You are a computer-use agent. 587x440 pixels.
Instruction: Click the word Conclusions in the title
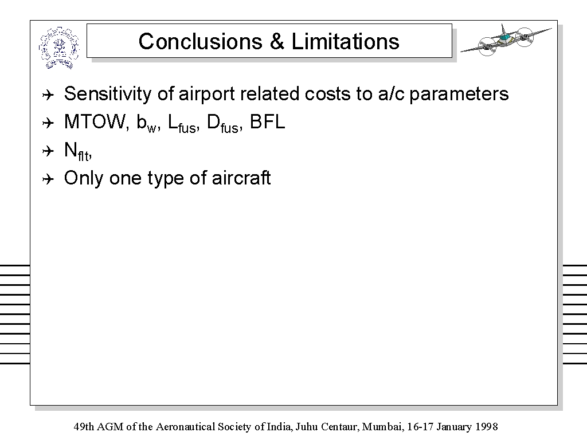[x=200, y=41]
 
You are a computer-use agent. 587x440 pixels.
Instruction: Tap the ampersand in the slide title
[x=277, y=41]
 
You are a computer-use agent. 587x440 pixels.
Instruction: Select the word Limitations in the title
[x=345, y=41]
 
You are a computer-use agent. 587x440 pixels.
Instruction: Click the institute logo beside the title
[x=59, y=48]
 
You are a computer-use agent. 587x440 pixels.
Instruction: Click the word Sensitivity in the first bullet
[x=107, y=94]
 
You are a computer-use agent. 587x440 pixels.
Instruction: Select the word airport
[x=207, y=95]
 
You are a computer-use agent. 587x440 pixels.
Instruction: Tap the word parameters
[x=459, y=95]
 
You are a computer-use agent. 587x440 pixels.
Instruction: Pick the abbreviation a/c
[x=391, y=94]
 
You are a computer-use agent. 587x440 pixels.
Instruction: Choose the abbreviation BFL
[x=267, y=122]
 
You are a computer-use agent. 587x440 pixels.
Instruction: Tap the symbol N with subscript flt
[x=78, y=151]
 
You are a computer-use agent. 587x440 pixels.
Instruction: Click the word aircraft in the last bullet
[x=241, y=178]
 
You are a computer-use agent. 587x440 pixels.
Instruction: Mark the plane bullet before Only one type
[x=48, y=179]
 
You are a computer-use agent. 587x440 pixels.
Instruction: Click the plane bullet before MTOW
[x=48, y=123]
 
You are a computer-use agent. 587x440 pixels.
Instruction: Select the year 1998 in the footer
[x=487, y=426]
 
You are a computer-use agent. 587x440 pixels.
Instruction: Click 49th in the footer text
[x=84, y=426]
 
